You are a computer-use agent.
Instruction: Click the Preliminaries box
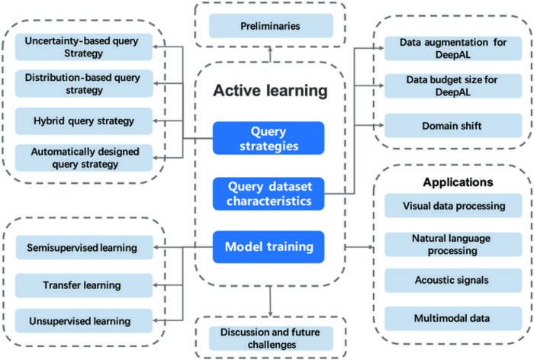pos(270,26)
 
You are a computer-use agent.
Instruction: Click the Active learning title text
pos(270,92)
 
